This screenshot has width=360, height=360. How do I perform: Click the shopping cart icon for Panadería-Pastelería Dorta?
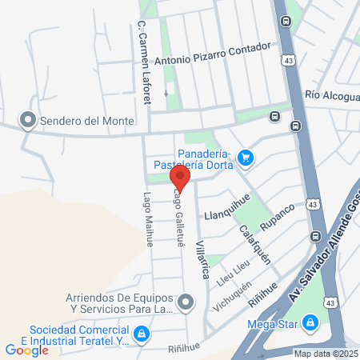tap(246, 158)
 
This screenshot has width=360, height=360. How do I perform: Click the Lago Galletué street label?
tap(178, 218)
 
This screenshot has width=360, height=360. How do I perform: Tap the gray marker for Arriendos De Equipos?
tap(186, 302)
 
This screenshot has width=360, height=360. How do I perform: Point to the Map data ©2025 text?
tap(324, 354)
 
